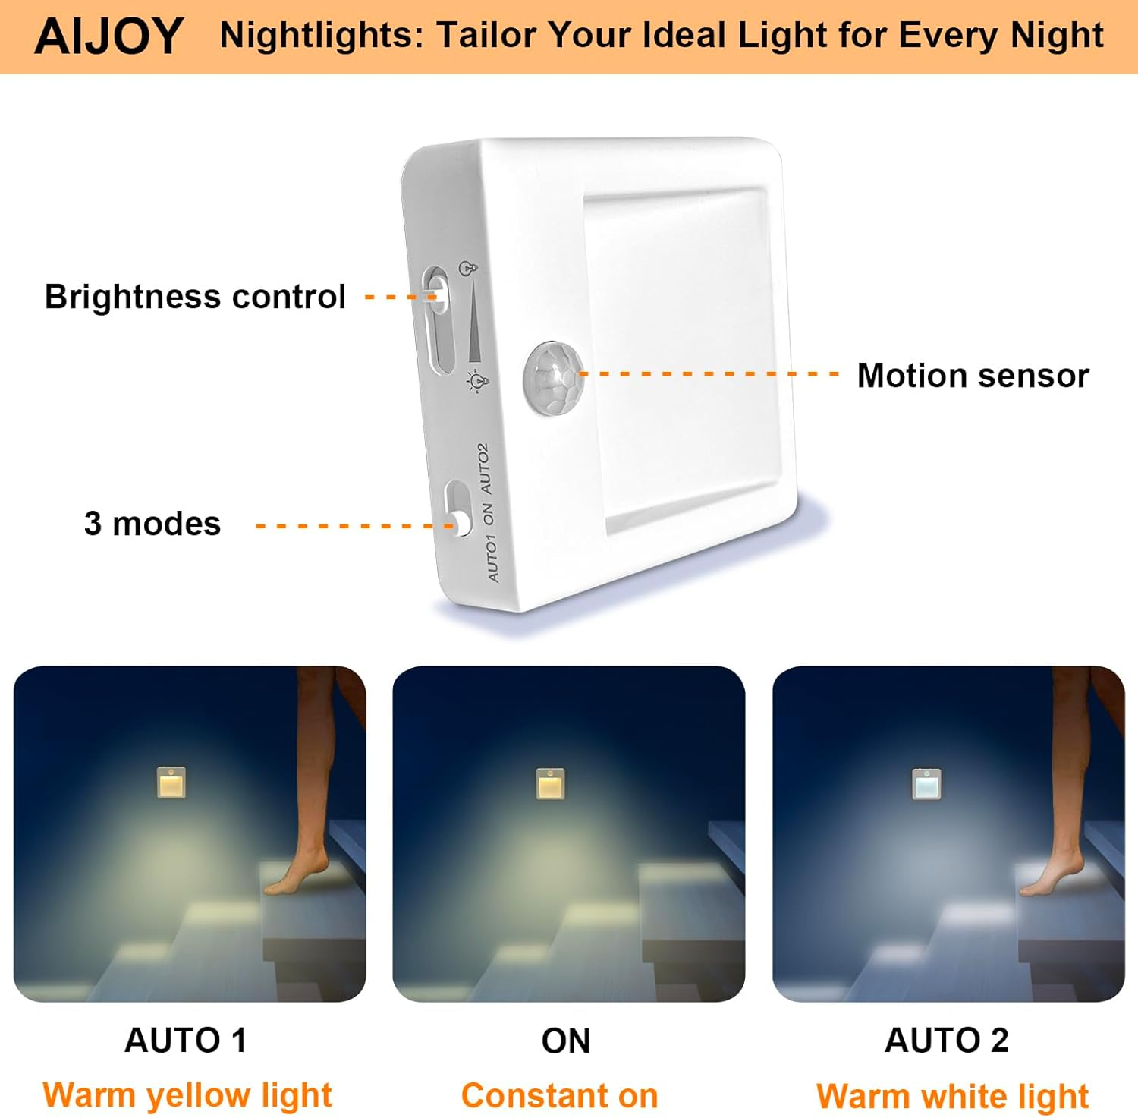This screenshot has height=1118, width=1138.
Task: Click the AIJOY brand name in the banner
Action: coord(109,36)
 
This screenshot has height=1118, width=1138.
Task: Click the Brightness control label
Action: coord(195,297)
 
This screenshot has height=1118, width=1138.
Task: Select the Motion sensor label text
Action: coord(973,376)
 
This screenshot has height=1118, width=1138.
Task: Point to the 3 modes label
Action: coord(152,524)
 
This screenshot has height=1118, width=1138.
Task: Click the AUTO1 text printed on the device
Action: coord(492,558)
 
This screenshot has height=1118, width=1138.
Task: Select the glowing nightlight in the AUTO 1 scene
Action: coord(171,783)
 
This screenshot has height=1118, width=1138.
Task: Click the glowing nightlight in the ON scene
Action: coord(552,784)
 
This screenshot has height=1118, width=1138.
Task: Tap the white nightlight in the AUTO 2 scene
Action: coord(926,785)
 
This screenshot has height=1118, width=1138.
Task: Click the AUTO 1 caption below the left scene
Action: coord(186,1040)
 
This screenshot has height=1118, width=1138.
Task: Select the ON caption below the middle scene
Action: coord(566,1041)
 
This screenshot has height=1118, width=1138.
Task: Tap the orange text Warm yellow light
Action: coord(187,1095)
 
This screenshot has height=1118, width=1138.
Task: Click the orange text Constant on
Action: coord(560,1096)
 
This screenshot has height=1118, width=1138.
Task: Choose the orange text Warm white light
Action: coord(952,1096)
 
